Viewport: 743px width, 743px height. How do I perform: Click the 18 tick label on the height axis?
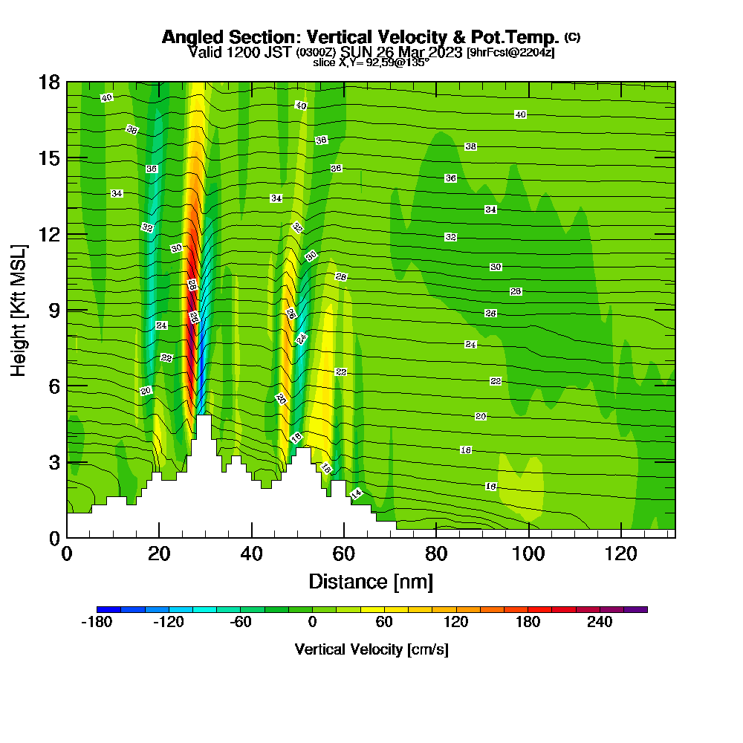coord(49,82)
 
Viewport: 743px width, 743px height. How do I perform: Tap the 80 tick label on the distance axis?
coord(436,554)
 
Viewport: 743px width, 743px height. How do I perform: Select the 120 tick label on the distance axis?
coord(620,554)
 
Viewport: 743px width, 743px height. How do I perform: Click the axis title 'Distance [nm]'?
coord(371,581)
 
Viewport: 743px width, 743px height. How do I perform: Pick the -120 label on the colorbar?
coord(168,623)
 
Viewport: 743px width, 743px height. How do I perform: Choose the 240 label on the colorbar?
coord(600,623)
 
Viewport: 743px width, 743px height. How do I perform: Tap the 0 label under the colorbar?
coord(312,623)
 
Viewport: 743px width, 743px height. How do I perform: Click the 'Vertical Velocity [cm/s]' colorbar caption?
coord(371,649)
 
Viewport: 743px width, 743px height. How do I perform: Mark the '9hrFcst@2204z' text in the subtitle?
coord(510,53)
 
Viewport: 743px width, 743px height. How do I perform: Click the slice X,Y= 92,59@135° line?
coord(371,62)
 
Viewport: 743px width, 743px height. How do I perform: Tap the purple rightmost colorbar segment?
coord(637,609)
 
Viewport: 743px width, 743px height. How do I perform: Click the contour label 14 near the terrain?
coord(356,493)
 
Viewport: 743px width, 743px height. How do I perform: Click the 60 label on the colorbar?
coord(384,623)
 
